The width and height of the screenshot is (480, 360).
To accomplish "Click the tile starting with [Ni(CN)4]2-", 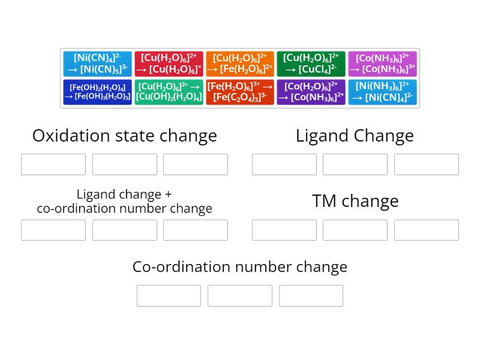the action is [97, 64].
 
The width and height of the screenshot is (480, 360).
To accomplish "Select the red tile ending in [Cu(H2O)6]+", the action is [169, 64].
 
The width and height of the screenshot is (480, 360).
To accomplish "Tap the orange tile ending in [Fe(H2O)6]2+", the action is [240, 64].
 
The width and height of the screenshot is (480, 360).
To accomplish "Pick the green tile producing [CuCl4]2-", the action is [311, 64].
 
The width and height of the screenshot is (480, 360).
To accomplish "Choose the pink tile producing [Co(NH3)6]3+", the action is [382, 64].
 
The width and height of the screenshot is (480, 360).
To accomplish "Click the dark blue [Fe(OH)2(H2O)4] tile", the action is [97, 92].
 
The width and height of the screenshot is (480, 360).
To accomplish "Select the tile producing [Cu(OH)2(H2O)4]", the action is [169, 92].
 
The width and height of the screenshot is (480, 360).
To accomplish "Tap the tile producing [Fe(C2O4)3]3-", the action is [240, 92].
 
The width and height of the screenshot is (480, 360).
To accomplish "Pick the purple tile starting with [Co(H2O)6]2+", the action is [311, 92].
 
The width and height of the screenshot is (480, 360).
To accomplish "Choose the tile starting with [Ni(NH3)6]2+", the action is [382, 92].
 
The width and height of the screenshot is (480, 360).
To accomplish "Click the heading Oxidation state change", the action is [125, 136].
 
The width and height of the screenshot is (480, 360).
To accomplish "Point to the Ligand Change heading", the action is [355, 136].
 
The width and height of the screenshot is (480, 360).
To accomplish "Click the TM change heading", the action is [355, 201].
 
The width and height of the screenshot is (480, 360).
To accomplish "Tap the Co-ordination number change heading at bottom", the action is [240, 266].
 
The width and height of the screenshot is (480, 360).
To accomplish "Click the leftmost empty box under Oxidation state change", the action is [53, 164].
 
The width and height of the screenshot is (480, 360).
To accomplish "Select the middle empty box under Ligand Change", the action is [355, 164].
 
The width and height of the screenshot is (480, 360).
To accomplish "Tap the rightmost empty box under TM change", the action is [426, 230].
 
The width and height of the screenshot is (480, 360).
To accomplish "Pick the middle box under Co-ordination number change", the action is [240, 296].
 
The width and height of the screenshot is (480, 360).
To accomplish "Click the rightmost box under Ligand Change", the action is [426, 164].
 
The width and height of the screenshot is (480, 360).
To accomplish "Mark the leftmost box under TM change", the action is [284, 230].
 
